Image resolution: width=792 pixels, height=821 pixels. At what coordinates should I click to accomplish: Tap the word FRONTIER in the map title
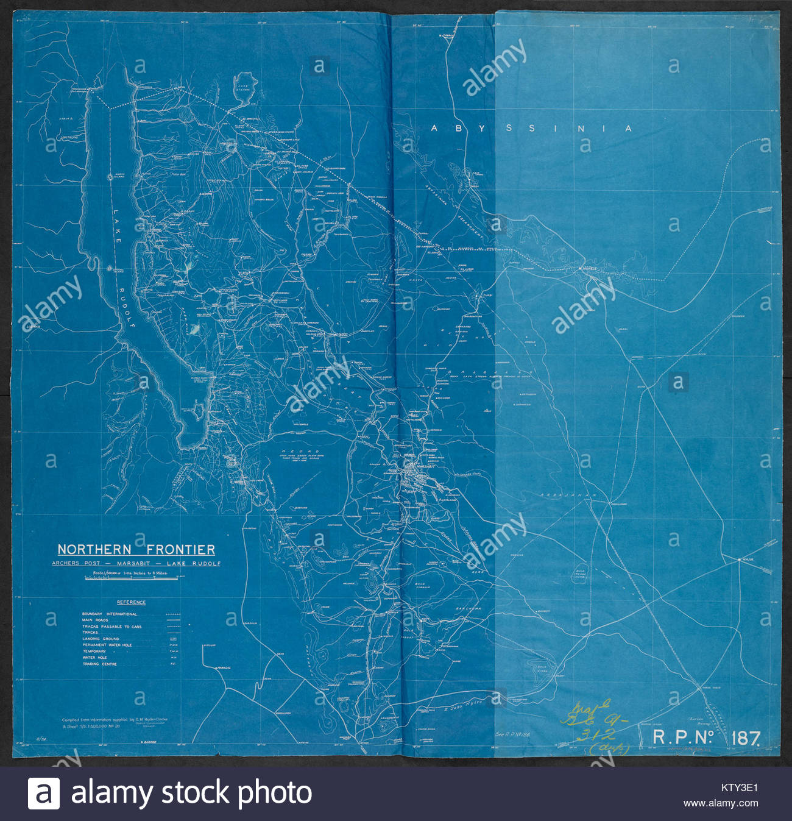(x=180, y=550)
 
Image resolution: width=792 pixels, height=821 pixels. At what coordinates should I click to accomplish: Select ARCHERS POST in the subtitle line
(x=76, y=564)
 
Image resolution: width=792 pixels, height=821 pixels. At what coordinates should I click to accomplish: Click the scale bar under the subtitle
(x=132, y=578)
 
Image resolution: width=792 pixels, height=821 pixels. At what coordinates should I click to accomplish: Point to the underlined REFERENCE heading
(x=131, y=602)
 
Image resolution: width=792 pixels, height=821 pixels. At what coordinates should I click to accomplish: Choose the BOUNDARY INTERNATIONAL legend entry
(x=110, y=614)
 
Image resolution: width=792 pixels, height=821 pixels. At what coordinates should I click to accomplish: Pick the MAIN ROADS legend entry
(x=96, y=620)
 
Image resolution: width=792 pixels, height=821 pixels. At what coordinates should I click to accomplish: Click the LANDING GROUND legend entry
(x=101, y=639)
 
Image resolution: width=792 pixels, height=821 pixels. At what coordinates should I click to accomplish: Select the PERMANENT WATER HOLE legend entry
(x=107, y=645)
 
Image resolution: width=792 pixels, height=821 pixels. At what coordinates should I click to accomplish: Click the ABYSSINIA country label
(x=531, y=129)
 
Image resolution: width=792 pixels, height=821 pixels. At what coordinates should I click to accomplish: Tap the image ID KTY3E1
(x=740, y=787)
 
